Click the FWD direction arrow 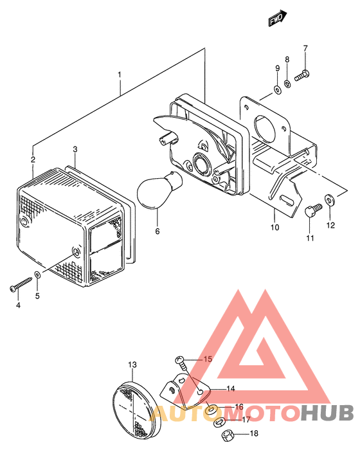277,18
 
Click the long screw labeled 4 21,284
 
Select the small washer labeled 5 37,274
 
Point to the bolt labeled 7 302,75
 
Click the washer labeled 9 277,89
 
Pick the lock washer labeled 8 287,84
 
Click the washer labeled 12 329,199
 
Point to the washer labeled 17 219,422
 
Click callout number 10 275,227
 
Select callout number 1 120,75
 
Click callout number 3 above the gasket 75,149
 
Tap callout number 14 231,388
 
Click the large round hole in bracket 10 264,129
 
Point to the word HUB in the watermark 327,413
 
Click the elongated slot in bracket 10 287,201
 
